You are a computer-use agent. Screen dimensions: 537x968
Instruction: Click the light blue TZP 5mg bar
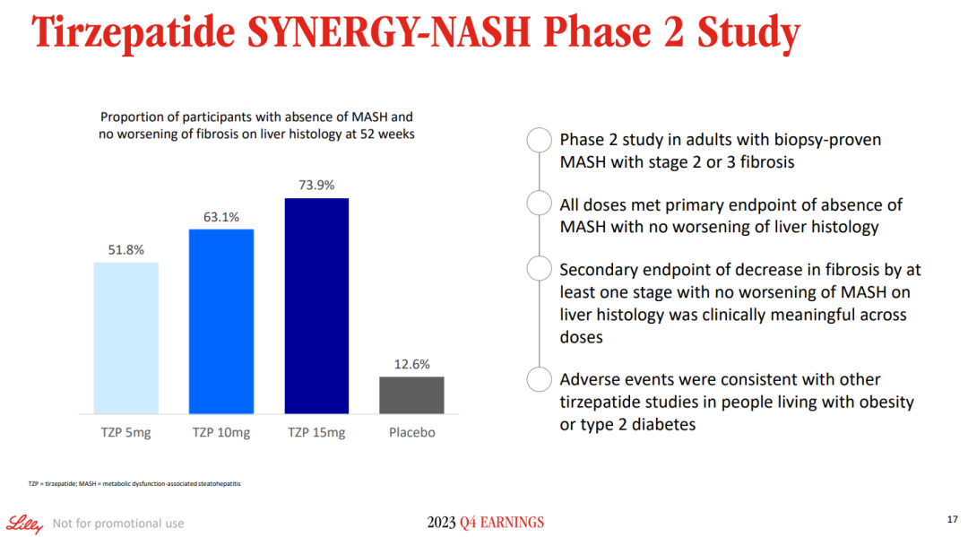click(125, 337)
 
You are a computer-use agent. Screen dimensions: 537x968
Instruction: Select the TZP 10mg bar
click(221, 321)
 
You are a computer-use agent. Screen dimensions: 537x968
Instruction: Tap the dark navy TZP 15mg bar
click(316, 305)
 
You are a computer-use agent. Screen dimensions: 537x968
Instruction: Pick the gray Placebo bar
click(411, 394)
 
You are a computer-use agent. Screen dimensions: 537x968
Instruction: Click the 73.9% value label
click(316, 186)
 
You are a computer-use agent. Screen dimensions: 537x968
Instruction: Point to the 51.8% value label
click(125, 250)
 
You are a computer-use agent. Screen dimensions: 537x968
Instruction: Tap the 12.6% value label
click(411, 364)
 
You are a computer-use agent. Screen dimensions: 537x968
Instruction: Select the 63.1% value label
click(221, 217)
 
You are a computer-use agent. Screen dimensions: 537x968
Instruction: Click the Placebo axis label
click(411, 432)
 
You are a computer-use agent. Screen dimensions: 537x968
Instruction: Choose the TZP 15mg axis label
click(316, 432)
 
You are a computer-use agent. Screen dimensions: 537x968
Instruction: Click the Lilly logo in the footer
click(24, 524)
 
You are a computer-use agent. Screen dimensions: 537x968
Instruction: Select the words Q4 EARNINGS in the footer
click(501, 523)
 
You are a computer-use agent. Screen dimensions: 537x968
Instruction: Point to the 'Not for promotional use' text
click(118, 524)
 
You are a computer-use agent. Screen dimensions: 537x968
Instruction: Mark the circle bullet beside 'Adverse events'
click(538, 379)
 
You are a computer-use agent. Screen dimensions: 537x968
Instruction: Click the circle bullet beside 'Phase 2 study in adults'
click(538, 141)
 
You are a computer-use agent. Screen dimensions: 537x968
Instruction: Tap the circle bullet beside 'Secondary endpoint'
click(538, 269)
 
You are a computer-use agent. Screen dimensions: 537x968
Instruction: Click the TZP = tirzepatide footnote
click(134, 484)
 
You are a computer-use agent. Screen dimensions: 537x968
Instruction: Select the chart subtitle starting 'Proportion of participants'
click(256, 125)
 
